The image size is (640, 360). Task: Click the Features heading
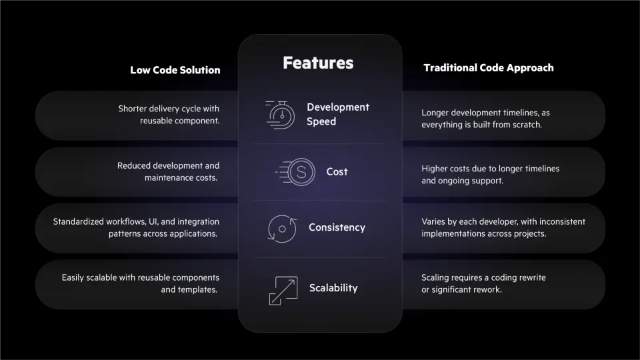(318, 63)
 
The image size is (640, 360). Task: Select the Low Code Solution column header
(175, 70)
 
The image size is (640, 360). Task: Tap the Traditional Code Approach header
(488, 67)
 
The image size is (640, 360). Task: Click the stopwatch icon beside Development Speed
(281, 115)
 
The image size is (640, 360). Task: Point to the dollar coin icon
(301, 172)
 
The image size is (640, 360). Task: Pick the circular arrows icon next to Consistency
(281, 228)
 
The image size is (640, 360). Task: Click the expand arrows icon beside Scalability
(283, 290)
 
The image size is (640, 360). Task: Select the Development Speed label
(337, 114)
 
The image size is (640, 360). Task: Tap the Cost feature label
(337, 172)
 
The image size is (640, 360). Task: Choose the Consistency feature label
(337, 227)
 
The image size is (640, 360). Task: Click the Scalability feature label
(333, 288)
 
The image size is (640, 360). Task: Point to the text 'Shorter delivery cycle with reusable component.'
(169, 115)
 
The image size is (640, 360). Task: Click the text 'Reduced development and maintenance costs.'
(168, 171)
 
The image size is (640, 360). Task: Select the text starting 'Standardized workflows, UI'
(136, 227)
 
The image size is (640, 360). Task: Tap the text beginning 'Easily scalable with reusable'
(141, 283)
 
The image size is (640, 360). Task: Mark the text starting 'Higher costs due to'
(490, 175)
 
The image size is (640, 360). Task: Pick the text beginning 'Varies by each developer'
(503, 227)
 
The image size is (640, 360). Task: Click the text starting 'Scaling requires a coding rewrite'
(483, 283)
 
